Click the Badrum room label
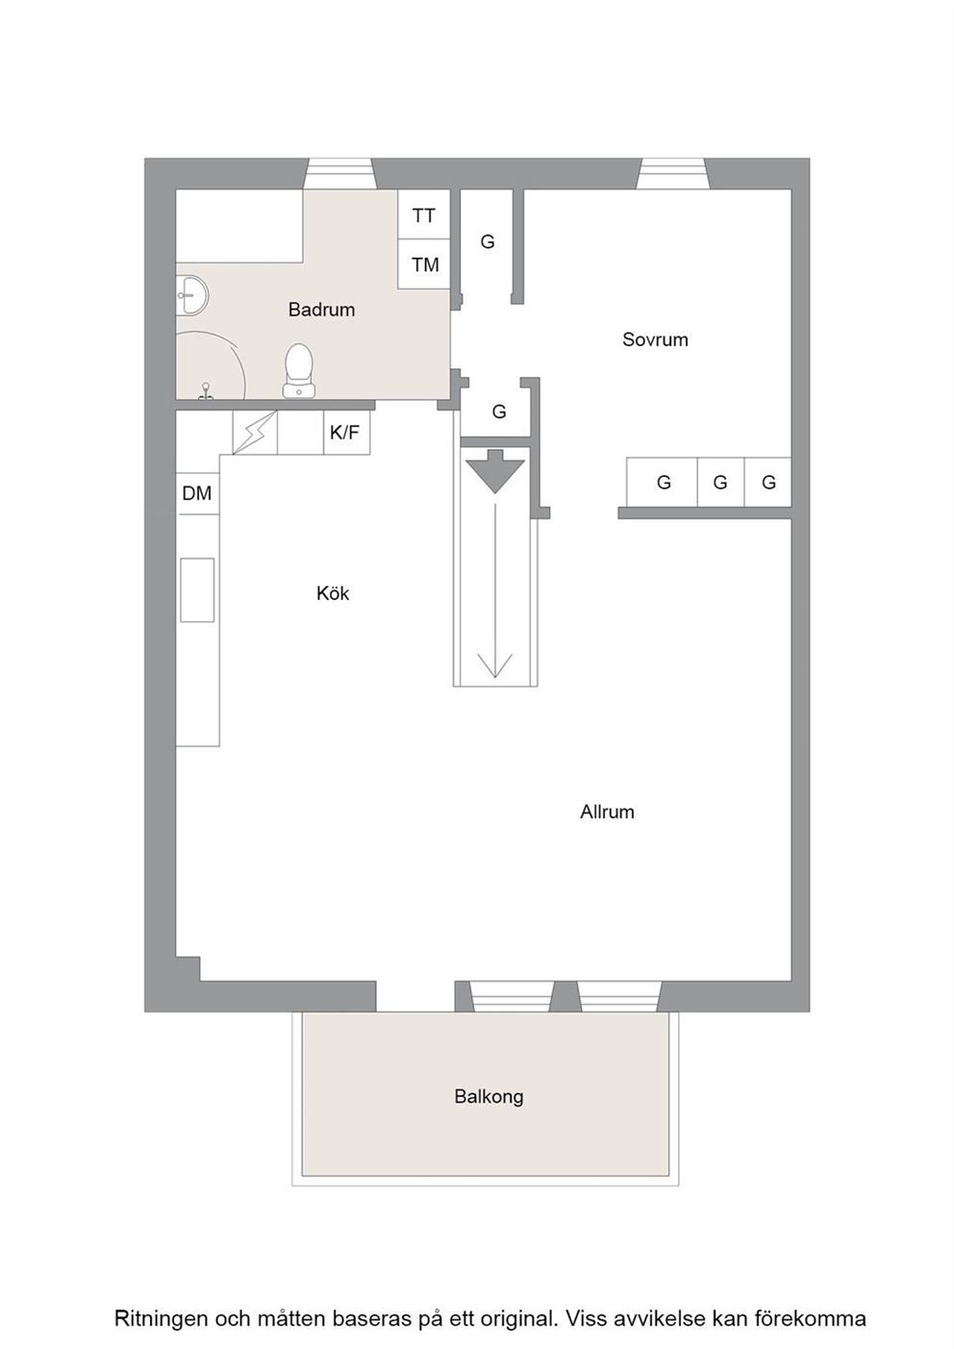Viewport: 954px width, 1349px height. pyautogui.click(x=321, y=310)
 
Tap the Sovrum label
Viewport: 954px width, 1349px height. pyautogui.click(x=655, y=339)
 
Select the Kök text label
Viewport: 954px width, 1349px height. pyautogui.click(x=333, y=594)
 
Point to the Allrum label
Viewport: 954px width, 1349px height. pyautogui.click(x=607, y=812)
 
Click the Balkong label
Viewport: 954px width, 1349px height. pyautogui.click(x=490, y=1097)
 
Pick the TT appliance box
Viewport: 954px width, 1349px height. pyautogui.click(x=424, y=214)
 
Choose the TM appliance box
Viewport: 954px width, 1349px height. pyautogui.click(x=424, y=263)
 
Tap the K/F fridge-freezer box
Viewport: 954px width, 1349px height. pyautogui.click(x=346, y=433)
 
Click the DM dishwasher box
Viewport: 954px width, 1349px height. pyautogui.click(x=197, y=493)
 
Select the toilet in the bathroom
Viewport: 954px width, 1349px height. pyautogui.click(x=299, y=370)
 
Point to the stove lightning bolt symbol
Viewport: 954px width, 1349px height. pyautogui.click(x=255, y=433)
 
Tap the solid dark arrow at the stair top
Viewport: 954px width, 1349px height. pyautogui.click(x=495, y=471)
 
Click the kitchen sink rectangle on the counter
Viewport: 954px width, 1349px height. pyautogui.click(x=197, y=589)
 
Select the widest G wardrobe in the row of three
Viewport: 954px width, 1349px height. pyautogui.click(x=662, y=482)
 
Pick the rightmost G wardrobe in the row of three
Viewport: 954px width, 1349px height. pyautogui.click(x=767, y=482)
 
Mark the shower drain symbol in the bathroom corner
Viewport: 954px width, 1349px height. pyautogui.click(x=207, y=390)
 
